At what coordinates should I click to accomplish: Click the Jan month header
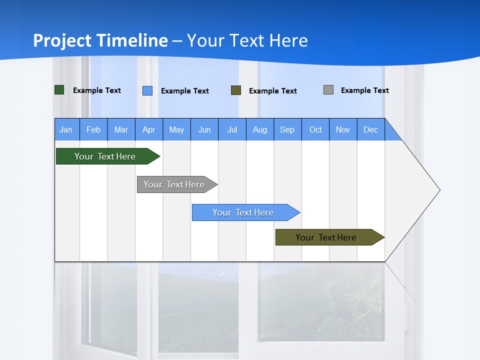pos(66,129)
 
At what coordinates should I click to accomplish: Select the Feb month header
pos(93,129)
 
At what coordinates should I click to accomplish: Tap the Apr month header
pos(149,129)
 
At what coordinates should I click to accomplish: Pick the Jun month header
pos(204,129)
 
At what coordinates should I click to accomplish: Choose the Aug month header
pos(260,129)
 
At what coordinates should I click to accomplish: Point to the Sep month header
pos(287,129)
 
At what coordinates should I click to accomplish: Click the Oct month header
pos(315,129)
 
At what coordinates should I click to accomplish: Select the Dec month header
pos(371,129)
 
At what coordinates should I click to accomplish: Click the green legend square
pos(59,90)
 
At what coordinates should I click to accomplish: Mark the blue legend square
pos(147,90)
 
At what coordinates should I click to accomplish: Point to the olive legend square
pos(236,90)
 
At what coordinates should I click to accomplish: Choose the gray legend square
pos(328,90)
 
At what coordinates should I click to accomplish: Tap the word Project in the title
pos(62,40)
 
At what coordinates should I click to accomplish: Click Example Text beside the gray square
pos(364,90)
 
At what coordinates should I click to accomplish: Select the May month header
pos(176,129)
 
